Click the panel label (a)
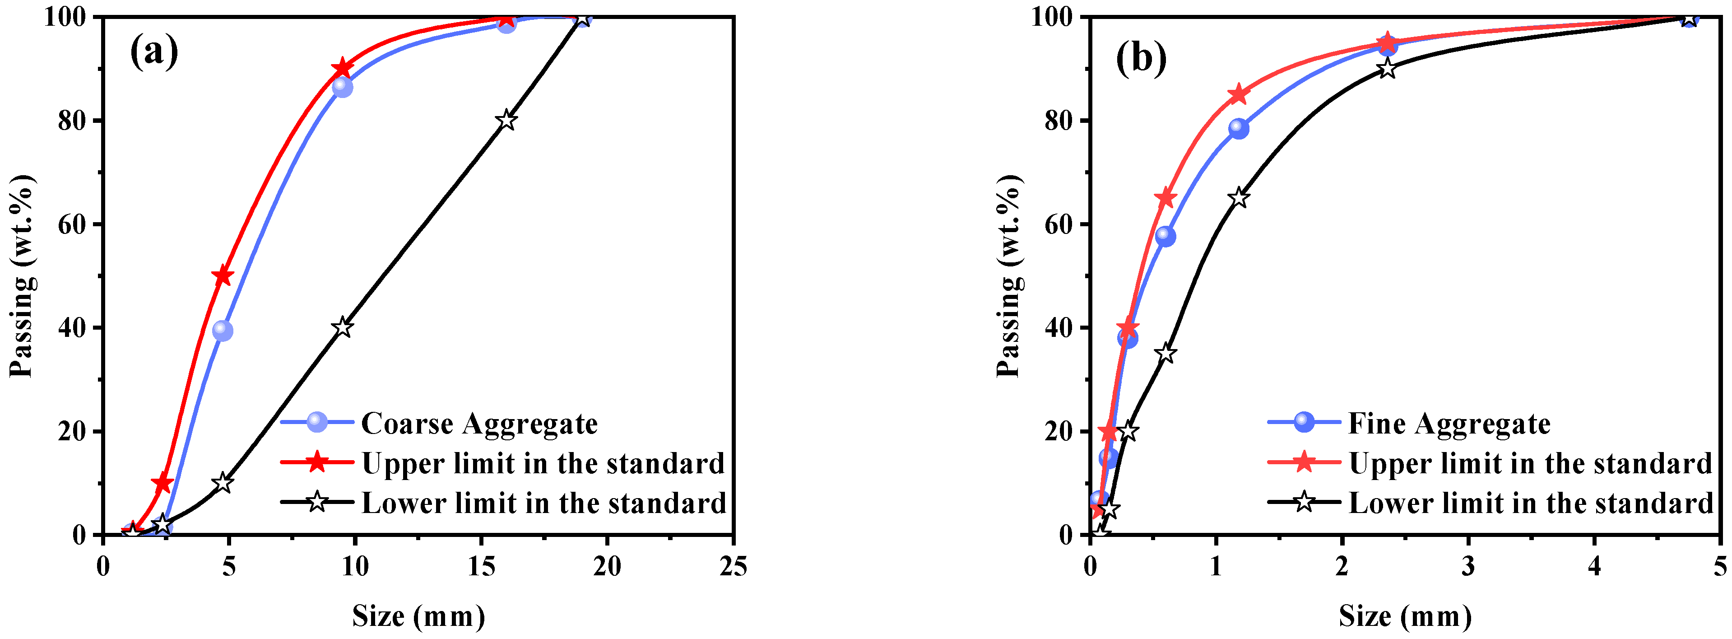coord(154,52)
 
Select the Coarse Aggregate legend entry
coord(479,424)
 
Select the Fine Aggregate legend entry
coord(1449,424)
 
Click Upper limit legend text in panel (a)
coord(543,463)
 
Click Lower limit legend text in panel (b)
coord(1530,503)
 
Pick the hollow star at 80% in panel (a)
coord(507,121)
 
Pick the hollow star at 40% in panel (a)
coord(343,327)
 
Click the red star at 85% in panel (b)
coord(1239,95)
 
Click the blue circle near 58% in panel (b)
coord(1165,236)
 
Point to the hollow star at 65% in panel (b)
coord(1239,198)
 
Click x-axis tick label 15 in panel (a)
coord(481,566)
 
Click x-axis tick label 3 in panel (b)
coord(1468,566)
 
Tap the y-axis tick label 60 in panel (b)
coord(1059,224)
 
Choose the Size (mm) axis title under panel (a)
coord(418,616)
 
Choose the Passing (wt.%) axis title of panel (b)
coord(1008,276)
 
